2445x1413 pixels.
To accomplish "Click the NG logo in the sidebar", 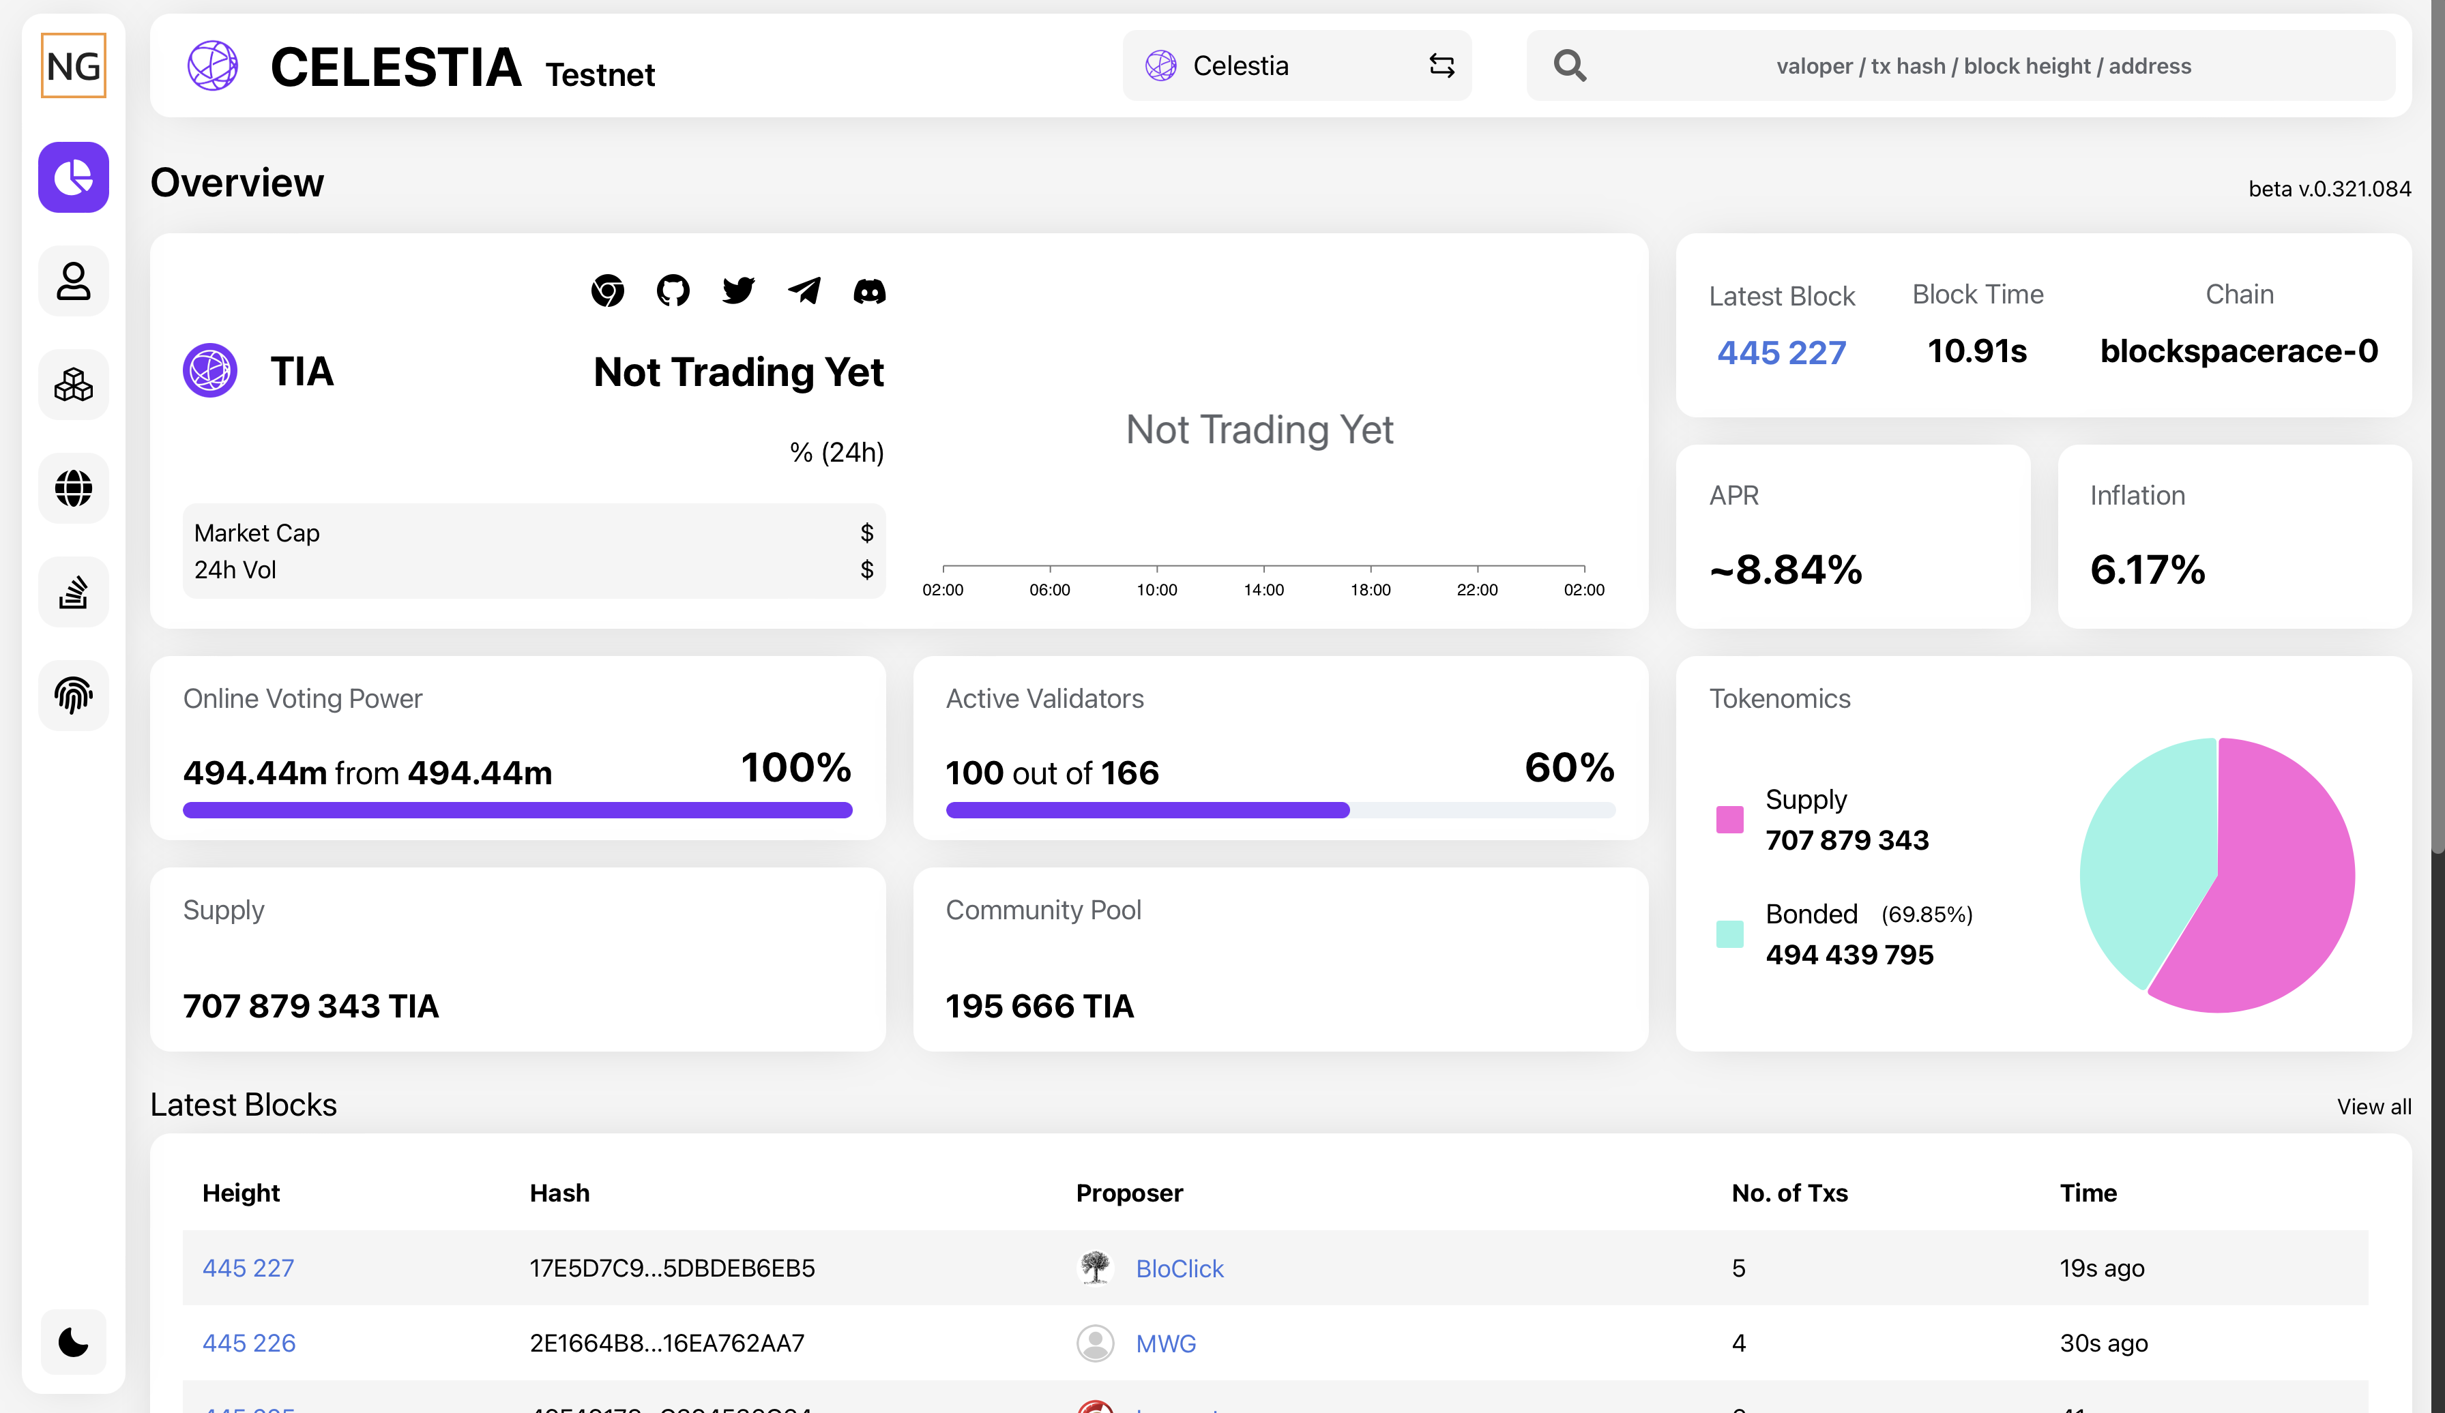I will (74, 66).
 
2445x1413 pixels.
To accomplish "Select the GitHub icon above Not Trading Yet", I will (673, 290).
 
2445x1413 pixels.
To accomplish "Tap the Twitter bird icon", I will (738, 290).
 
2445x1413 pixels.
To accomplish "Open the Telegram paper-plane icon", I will (804, 290).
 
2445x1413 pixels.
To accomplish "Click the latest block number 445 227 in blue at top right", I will (1781, 352).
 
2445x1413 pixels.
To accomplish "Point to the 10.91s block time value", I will (1976, 351).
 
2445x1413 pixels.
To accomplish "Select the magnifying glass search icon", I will (1569, 66).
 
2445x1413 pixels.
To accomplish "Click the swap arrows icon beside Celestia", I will (1441, 66).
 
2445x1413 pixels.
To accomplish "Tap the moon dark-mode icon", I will (74, 1342).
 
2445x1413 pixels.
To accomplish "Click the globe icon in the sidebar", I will (74, 488).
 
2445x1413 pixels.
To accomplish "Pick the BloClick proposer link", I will (1179, 1268).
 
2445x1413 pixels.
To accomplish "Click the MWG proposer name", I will (1165, 1343).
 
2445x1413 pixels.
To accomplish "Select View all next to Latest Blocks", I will (2373, 1107).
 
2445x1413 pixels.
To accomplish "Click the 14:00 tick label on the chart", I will (1263, 590).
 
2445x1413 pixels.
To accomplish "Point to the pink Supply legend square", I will (1729, 820).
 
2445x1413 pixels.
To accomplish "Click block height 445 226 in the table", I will (248, 1343).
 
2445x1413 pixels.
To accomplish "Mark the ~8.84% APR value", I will (1785, 569).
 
